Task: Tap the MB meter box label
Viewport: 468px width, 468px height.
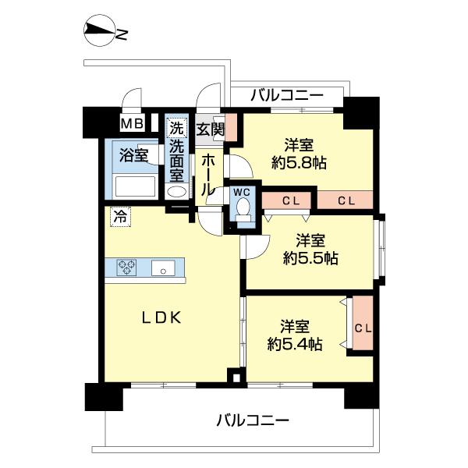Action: [x=131, y=123]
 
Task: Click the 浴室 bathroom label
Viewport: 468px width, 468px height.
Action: [x=133, y=154]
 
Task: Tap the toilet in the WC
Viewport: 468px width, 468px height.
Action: [x=243, y=207]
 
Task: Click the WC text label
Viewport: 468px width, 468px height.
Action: [x=241, y=190]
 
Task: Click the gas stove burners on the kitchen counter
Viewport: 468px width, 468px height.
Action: [x=127, y=267]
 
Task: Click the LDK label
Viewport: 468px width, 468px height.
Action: [x=161, y=317]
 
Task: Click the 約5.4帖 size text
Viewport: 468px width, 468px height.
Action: [x=294, y=342]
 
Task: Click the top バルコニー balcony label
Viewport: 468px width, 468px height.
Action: [x=287, y=96]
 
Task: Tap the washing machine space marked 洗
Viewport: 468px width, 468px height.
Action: [x=177, y=126]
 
